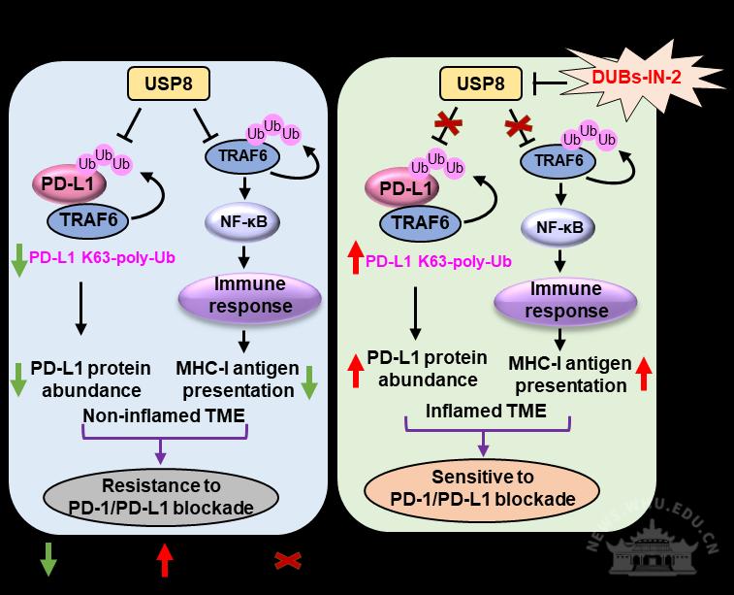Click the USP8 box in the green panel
coord(481,84)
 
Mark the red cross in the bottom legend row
coord(287,560)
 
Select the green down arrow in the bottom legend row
coord(48,561)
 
